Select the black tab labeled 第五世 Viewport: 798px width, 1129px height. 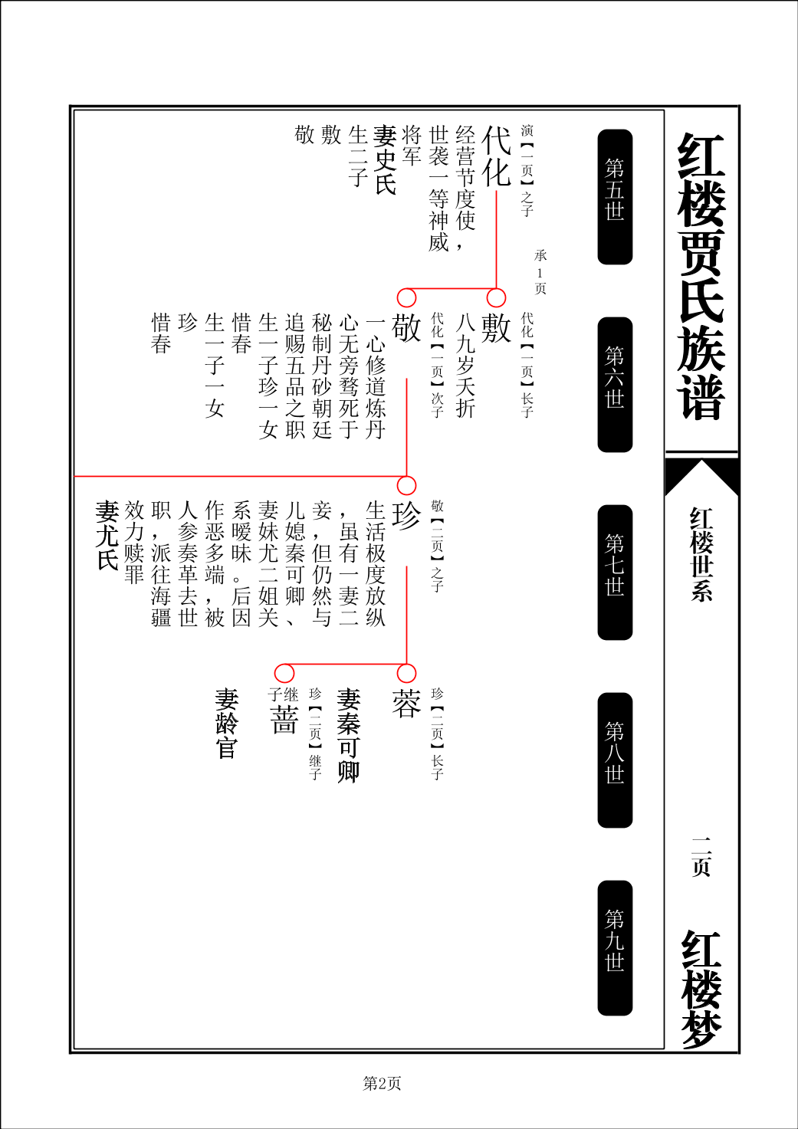[x=615, y=196]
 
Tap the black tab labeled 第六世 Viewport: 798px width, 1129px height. [x=615, y=385]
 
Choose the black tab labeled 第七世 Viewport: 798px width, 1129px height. [x=615, y=572]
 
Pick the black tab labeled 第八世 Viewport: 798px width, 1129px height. [x=615, y=760]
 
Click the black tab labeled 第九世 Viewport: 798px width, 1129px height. [x=615, y=948]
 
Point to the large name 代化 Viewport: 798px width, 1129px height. [x=496, y=156]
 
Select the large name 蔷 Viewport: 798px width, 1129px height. [x=284, y=717]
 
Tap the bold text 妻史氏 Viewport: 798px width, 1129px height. [x=385, y=159]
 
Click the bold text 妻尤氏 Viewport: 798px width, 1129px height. [x=107, y=535]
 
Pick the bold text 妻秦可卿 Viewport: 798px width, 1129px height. [x=348, y=735]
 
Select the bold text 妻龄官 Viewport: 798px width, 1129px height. [x=226, y=724]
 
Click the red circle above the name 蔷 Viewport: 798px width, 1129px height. [x=284, y=674]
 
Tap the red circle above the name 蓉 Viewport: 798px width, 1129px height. [x=406, y=674]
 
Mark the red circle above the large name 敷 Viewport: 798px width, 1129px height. [x=496, y=297]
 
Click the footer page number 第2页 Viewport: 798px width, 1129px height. [x=382, y=1083]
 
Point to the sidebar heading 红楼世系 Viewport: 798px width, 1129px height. [x=701, y=554]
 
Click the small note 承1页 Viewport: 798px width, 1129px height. [x=540, y=272]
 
